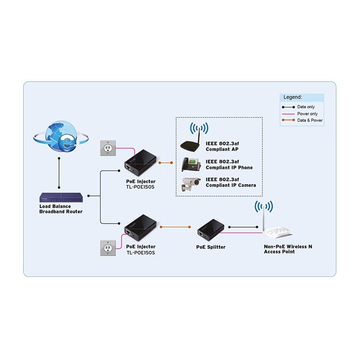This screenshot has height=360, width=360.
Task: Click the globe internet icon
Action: tap(61, 135)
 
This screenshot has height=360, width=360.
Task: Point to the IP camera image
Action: tap(191, 184)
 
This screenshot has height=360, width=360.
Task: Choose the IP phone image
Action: tap(191, 164)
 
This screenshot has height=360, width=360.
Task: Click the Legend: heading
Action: tap(293, 97)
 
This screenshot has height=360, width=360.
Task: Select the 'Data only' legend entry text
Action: tap(306, 107)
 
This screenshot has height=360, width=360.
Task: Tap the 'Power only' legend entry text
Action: tap(307, 114)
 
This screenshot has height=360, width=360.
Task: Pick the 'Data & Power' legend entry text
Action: tap(310, 120)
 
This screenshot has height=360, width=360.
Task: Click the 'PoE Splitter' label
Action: tap(211, 247)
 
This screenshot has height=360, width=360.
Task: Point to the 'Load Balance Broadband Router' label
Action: tap(61, 209)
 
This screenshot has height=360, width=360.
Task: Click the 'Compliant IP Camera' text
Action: tap(231, 185)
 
